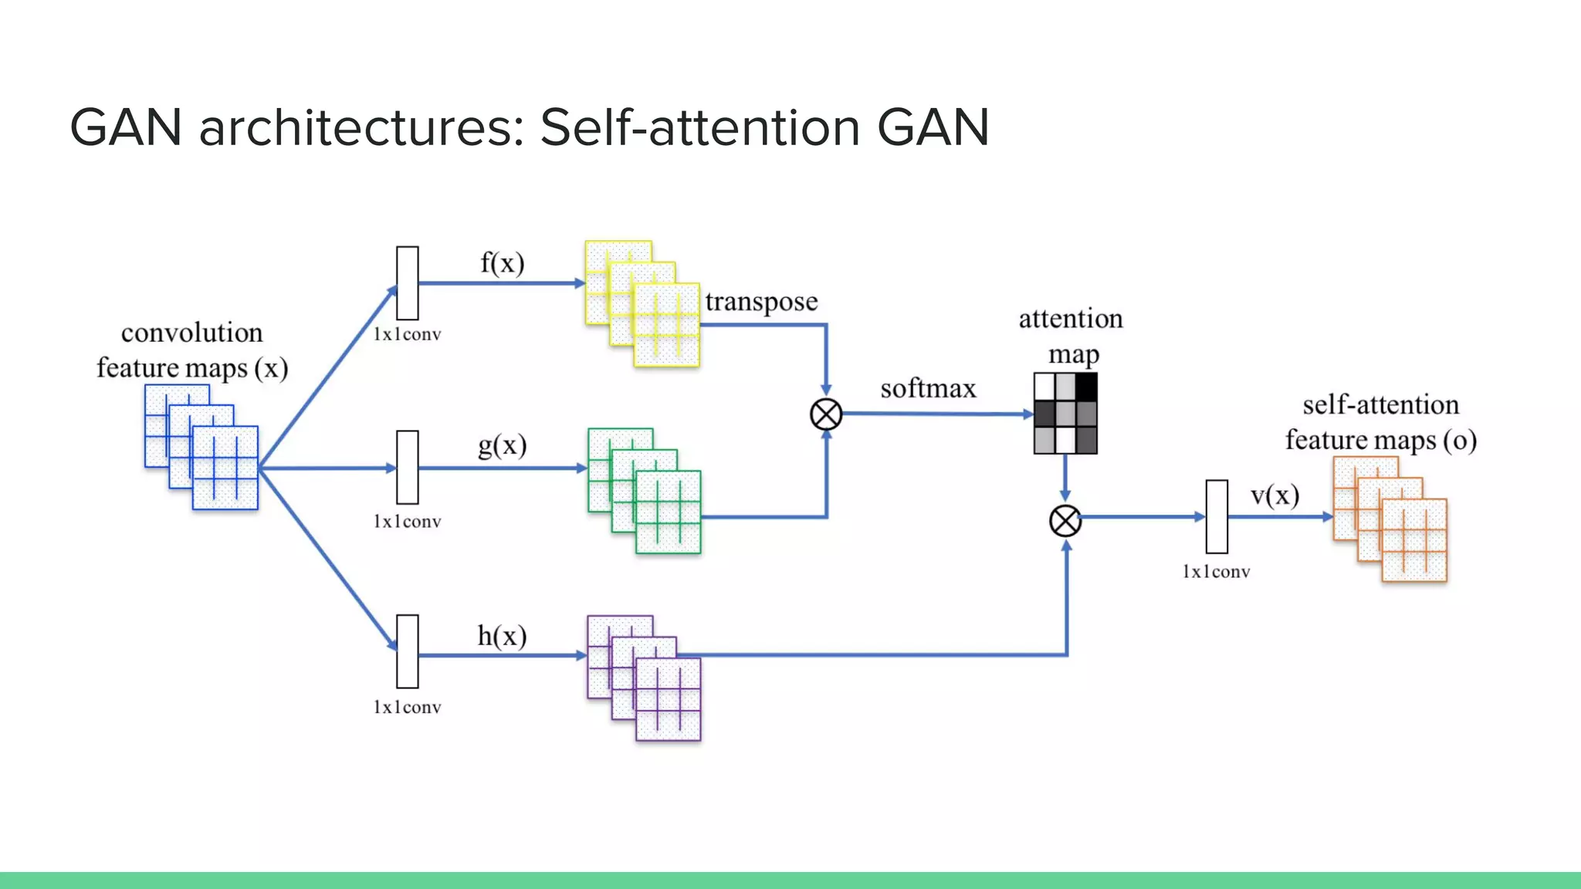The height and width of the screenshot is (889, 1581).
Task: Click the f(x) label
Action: point(502,264)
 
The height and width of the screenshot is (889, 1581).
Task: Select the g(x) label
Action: point(502,446)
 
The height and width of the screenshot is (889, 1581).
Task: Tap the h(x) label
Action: point(502,637)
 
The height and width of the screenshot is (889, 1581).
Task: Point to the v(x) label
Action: point(1275,495)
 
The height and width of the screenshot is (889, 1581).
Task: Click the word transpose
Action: point(761,302)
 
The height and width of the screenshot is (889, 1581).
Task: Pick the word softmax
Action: point(928,388)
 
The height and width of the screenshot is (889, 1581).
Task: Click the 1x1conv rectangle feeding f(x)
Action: point(408,283)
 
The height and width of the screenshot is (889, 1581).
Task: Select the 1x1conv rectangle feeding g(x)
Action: point(408,467)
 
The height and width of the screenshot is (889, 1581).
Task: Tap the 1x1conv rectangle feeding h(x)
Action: point(408,651)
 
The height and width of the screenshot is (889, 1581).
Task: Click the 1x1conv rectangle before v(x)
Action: point(1217,516)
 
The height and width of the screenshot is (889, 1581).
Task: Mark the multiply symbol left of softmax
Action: point(826,414)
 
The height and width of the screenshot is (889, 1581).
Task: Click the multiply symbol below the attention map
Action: point(1065,521)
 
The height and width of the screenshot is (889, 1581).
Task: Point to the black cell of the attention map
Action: point(1086,386)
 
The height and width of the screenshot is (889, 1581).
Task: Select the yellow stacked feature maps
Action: point(642,304)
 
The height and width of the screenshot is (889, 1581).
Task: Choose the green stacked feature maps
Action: point(645,491)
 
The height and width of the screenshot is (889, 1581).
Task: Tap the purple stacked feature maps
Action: point(645,678)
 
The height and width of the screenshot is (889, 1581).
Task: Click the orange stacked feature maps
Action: point(1390,519)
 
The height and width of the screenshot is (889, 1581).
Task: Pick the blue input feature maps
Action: point(201,448)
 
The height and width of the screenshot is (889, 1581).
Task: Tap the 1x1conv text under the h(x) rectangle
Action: point(407,708)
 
